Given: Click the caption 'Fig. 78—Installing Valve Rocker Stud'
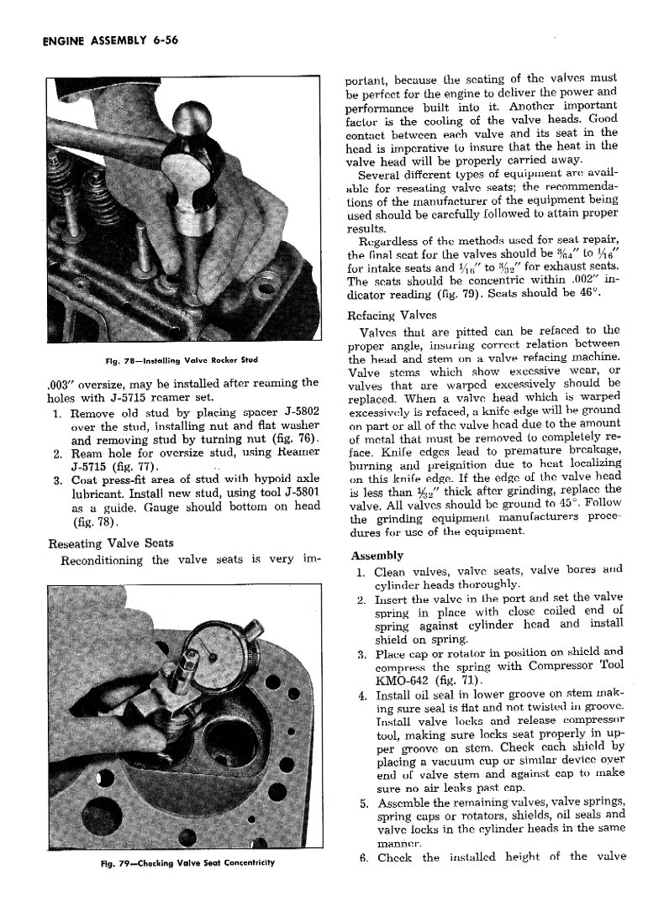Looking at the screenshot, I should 181,361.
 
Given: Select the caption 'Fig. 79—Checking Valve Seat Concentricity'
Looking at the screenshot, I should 181,864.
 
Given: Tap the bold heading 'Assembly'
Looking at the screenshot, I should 377,556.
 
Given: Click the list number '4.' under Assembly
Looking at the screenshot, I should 361,696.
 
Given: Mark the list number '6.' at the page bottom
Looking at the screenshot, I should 361,857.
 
